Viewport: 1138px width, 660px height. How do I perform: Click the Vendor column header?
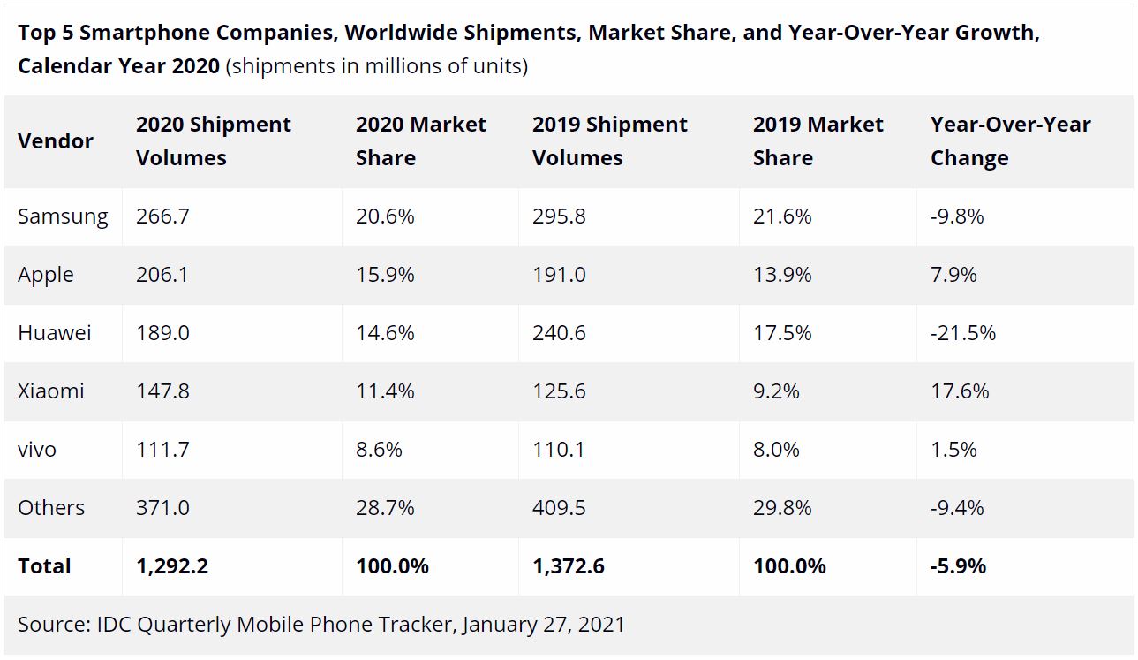point(56,141)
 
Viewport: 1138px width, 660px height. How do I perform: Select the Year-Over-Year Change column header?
point(1010,141)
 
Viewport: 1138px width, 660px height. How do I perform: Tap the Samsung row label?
point(63,216)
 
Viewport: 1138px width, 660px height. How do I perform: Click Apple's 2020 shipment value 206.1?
point(162,275)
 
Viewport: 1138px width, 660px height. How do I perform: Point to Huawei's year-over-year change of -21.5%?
point(963,333)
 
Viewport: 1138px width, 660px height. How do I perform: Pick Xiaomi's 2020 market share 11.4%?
point(385,391)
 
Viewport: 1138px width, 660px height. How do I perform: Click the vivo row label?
point(37,450)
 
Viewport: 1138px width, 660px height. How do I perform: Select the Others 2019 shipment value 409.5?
point(559,508)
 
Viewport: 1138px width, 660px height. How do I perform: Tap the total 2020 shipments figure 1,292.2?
point(172,566)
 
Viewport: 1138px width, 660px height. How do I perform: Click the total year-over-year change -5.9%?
point(958,566)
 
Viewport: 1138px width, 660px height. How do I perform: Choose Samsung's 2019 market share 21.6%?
point(782,216)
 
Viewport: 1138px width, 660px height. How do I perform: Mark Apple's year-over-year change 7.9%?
point(953,275)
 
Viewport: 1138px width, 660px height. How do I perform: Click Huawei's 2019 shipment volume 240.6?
point(559,333)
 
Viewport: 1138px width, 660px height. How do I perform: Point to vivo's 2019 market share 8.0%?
point(776,450)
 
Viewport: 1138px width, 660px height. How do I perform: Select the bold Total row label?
point(44,566)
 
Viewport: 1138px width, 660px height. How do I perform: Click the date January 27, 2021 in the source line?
point(543,625)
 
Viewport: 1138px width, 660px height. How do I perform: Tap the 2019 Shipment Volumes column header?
point(609,141)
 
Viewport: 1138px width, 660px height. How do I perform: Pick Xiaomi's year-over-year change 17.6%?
point(960,391)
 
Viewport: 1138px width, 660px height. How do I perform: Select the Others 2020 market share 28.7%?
point(385,508)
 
